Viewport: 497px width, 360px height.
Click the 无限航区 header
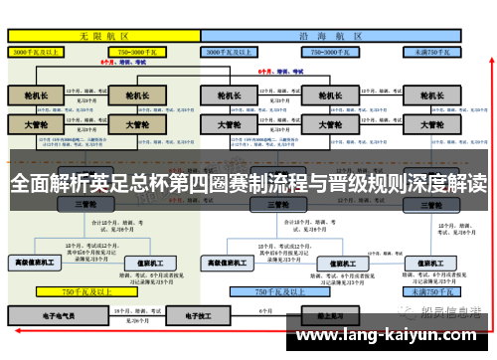(x=103, y=35)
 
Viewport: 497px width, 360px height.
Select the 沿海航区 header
(x=334, y=35)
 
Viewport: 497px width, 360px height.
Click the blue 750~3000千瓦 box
(x=333, y=50)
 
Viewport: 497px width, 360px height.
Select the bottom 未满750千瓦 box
(x=434, y=292)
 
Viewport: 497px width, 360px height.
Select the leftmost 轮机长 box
(x=34, y=96)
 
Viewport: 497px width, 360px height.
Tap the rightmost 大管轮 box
(x=431, y=125)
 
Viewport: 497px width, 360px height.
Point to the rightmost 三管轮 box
(x=431, y=204)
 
